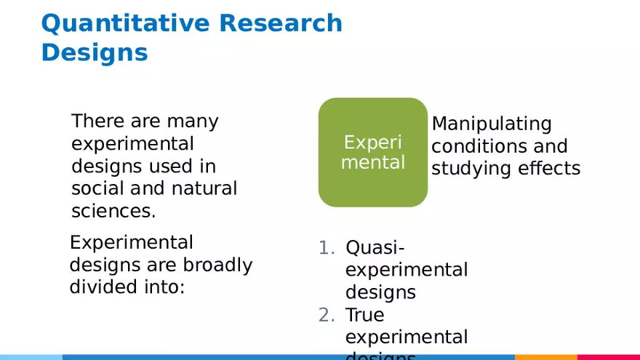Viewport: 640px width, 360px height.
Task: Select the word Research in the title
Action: pyautogui.click(x=281, y=23)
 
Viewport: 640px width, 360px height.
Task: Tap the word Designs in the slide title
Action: pyautogui.click(x=95, y=53)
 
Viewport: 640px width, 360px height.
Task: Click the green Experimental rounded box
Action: pyautogui.click(x=373, y=152)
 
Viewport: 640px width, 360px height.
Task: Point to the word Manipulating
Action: pyautogui.click(x=492, y=124)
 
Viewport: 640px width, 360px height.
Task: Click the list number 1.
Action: pyautogui.click(x=327, y=248)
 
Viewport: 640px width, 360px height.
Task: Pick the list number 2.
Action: pyautogui.click(x=327, y=315)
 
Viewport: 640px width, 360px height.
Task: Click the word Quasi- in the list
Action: pyautogui.click(x=375, y=248)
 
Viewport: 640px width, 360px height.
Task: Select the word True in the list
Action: pyautogui.click(x=364, y=315)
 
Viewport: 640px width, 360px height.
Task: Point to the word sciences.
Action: pyautogui.click(x=113, y=211)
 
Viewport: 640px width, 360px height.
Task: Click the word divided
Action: pyautogui.click(x=101, y=287)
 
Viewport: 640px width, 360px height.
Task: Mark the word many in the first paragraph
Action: pyautogui.click(x=192, y=121)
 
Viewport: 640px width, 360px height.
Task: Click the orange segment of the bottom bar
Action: pyautogui.click(x=545, y=357)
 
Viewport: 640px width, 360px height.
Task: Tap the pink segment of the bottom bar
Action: pyautogui.click(x=608, y=357)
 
